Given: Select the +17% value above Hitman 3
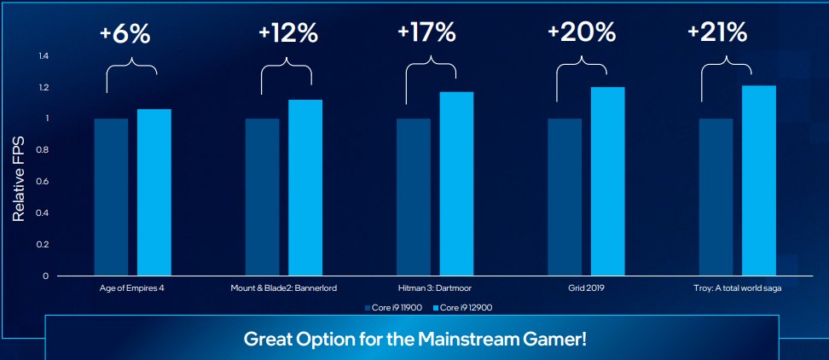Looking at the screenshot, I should click(426, 33).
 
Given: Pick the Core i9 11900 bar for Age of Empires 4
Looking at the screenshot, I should click(111, 197).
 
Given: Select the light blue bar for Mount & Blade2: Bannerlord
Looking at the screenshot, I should click(304, 188).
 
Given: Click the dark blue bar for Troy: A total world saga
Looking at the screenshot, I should click(716, 197).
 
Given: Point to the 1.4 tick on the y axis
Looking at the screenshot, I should click(43, 56).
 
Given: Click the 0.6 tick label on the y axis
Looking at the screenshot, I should click(43, 182).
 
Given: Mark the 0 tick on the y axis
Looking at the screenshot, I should click(46, 276).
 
